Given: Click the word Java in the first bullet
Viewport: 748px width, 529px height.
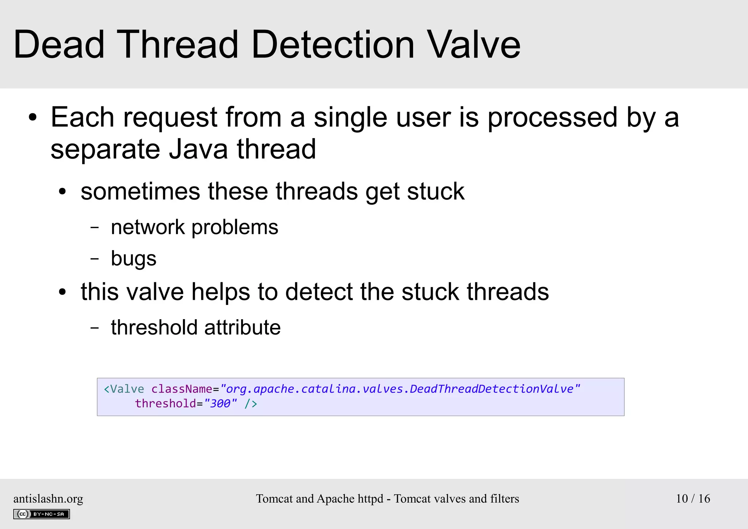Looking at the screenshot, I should (x=198, y=149).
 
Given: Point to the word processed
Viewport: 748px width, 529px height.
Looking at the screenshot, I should (x=552, y=118).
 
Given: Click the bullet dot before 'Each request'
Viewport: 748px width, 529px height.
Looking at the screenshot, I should (x=33, y=118).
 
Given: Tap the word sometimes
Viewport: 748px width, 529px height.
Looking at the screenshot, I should (x=140, y=192).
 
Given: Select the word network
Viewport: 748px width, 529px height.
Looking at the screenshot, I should (x=148, y=227).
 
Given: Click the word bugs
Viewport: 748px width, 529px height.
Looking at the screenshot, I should (x=133, y=259).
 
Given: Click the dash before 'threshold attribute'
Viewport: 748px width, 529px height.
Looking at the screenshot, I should (x=95, y=328).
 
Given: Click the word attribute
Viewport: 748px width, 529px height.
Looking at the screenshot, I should (x=242, y=328).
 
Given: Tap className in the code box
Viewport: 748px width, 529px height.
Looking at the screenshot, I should (x=182, y=389).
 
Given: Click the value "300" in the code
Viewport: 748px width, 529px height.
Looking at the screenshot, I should (x=220, y=404).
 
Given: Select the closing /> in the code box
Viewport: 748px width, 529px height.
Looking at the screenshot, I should (x=251, y=404).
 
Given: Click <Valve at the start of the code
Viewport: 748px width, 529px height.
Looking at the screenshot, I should (x=124, y=389).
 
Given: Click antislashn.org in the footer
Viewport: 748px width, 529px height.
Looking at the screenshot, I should (x=48, y=499).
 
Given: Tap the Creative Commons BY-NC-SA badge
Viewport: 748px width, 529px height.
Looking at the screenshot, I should (x=41, y=514).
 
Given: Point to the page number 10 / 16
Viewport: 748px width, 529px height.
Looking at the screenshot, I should (x=693, y=499).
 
